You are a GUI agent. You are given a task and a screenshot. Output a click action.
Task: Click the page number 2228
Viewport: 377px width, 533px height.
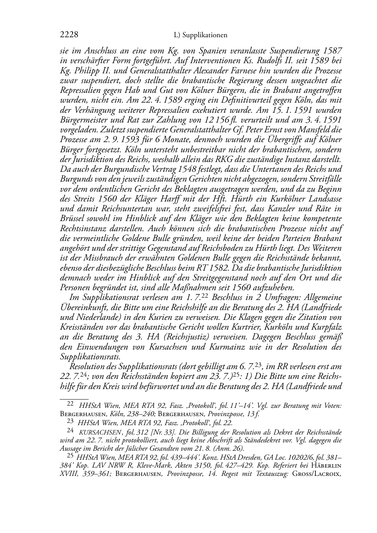[x=69, y=35]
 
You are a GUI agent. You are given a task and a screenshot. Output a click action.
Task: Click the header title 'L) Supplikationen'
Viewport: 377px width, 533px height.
[x=201, y=35]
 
